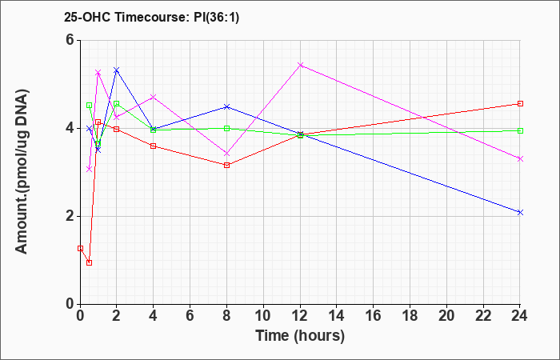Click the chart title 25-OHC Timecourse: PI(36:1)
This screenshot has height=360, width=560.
(151, 18)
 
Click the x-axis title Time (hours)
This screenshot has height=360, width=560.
(300, 336)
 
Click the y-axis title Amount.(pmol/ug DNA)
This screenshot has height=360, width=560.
(22, 172)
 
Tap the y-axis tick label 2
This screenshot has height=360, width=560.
(70, 217)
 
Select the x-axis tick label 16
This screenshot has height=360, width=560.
(374, 316)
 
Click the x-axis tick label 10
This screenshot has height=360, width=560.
(263, 316)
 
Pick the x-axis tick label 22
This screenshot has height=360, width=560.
(483, 316)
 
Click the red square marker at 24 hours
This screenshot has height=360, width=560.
(520, 103)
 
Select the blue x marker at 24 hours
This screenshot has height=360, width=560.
(520, 213)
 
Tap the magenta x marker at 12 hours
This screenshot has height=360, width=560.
(300, 65)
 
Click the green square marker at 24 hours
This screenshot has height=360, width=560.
(520, 130)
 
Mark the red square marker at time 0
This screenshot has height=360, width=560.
(80, 248)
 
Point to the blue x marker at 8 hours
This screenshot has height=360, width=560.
(226, 106)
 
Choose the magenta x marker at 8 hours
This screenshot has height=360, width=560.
(226, 154)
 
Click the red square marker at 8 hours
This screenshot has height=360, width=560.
(226, 165)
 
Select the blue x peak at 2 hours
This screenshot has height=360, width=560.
(117, 70)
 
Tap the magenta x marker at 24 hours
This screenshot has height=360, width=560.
(520, 159)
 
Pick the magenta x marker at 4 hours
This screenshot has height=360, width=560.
(154, 97)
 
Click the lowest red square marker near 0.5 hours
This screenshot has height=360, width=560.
(90, 263)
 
